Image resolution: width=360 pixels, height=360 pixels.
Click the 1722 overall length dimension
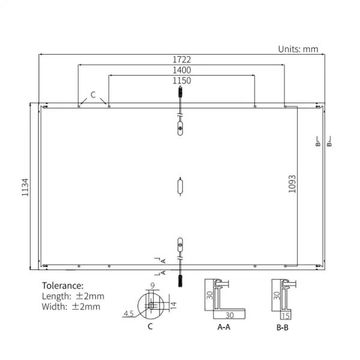click(x=182, y=59)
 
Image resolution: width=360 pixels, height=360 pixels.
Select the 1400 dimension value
click(x=182, y=70)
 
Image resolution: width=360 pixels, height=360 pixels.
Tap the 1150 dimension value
click(x=182, y=80)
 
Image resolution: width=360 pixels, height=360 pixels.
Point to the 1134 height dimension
click(x=25, y=187)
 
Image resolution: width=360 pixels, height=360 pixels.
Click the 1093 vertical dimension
click(x=292, y=184)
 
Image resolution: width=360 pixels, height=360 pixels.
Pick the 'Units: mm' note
click(x=298, y=49)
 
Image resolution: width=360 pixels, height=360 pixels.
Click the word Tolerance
click(x=62, y=286)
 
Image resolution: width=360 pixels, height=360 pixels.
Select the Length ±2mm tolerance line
click(x=73, y=296)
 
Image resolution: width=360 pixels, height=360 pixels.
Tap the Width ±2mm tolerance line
click(x=71, y=307)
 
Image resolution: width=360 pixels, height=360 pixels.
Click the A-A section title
click(x=224, y=327)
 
